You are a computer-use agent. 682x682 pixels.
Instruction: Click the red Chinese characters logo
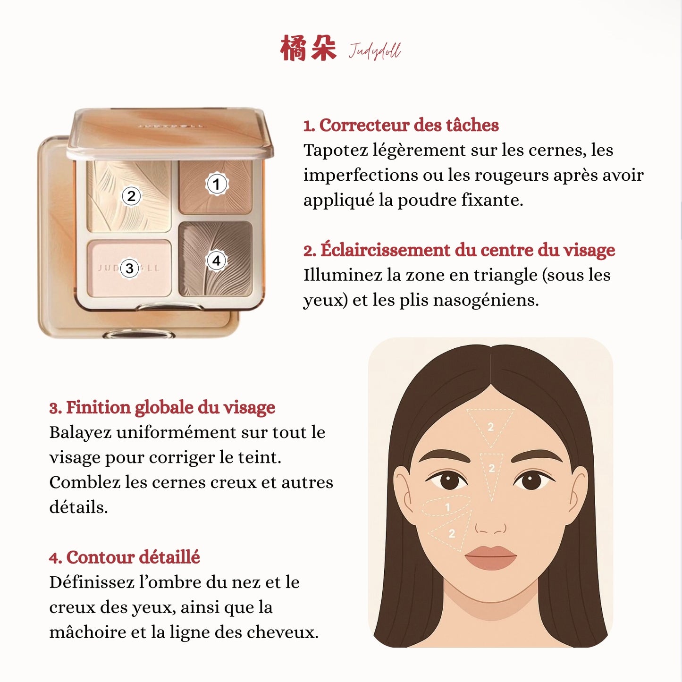coord(308,48)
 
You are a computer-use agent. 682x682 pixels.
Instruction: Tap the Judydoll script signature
coord(375,51)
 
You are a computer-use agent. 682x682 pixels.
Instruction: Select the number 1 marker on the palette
coord(217,184)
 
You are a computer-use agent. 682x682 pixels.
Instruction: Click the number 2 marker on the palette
coord(131,196)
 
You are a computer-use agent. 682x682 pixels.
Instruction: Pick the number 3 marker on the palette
coord(129,269)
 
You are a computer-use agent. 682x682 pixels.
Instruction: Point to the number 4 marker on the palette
coord(216,261)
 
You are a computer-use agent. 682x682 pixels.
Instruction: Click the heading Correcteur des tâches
coord(401,125)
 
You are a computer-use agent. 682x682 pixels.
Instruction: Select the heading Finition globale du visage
coord(162,407)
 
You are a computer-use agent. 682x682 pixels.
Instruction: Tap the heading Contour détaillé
coord(125,557)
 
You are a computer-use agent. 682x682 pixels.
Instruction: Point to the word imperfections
coord(361,175)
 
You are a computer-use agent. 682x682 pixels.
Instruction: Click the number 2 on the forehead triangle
coord(490,427)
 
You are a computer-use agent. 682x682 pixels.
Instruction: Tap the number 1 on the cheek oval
coord(447,507)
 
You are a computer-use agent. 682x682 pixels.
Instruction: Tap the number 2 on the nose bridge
coord(491,468)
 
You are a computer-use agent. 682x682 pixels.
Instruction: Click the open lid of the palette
coord(170,132)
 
